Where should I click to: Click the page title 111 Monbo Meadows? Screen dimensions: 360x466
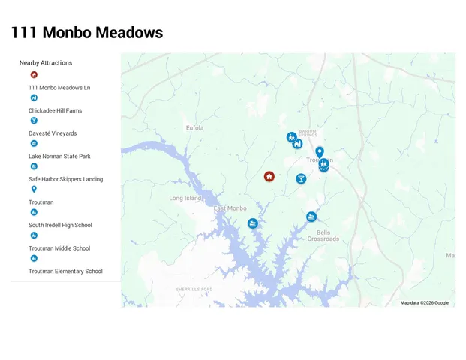click(87, 33)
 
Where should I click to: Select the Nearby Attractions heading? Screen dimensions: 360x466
click(46, 63)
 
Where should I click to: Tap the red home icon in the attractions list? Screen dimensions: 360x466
click(34, 74)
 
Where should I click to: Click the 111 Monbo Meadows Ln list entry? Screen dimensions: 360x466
click(59, 88)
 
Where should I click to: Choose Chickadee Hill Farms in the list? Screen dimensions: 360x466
click(56, 111)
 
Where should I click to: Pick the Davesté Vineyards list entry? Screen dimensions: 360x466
click(53, 133)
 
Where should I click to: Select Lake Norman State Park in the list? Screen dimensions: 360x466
click(59, 157)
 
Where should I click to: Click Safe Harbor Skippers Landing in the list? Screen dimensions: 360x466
click(66, 179)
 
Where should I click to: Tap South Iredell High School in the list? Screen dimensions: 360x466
click(60, 225)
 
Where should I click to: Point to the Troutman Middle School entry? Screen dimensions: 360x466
click(59, 248)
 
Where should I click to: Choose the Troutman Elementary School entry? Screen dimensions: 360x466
click(65, 271)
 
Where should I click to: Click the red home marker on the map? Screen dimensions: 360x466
click(269, 177)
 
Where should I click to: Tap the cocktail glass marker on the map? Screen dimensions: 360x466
click(301, 179)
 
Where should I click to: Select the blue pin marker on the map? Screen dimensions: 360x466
click(320, 152)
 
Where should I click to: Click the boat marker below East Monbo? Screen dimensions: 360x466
click(253, 223)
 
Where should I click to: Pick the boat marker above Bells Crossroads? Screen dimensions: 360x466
click(311, 217)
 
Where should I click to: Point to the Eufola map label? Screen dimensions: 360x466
click(195, 128)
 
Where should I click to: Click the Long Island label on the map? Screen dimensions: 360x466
click(185, 199)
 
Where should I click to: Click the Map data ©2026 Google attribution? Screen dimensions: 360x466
click(424, 303)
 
